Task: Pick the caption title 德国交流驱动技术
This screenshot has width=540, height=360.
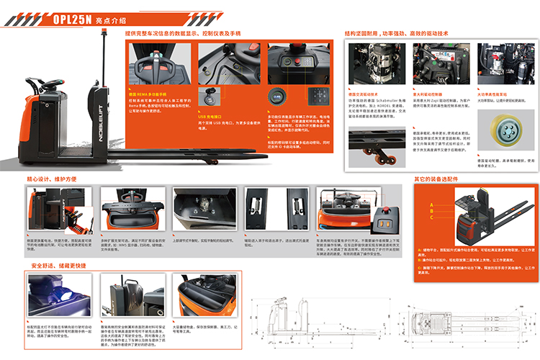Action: click(366, 94)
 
